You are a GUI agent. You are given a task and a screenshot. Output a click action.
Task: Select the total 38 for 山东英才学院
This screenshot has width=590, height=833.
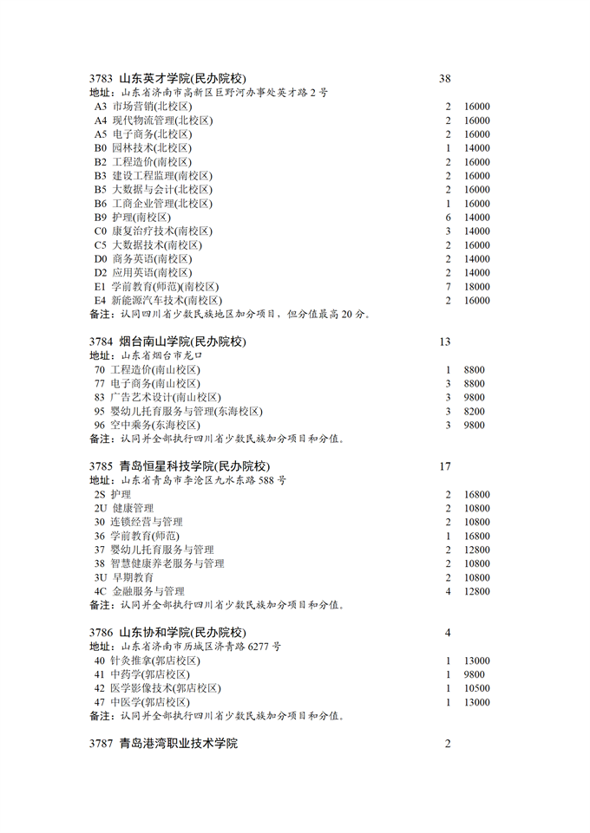pos(445,79)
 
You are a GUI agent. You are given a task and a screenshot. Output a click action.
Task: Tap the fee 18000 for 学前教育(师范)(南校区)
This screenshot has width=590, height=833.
pos(477,287)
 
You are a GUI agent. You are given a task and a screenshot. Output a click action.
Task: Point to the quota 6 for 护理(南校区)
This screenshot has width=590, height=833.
pos(449,218)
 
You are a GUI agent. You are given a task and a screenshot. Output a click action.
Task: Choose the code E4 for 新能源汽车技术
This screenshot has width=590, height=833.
pos(100,301)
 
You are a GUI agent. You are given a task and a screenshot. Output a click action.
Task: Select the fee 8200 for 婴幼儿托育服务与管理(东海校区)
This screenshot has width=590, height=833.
pos(474,412)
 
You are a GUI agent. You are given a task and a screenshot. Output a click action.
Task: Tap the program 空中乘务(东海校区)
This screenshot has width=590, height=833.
pos(154,426)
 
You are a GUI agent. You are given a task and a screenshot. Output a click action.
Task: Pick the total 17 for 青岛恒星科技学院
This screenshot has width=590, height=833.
pos(445,466)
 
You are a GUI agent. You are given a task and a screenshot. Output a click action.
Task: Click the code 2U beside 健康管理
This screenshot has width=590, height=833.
pos(101,508)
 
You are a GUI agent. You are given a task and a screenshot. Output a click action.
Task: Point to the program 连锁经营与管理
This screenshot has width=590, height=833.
pos(146,522)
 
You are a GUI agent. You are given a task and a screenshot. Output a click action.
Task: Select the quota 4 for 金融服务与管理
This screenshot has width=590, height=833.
pos(449,591)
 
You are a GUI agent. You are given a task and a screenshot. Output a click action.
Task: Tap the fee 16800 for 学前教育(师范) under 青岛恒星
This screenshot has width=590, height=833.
pos(477,536)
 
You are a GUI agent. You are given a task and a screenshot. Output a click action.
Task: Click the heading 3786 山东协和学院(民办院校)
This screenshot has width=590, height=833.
pos(167,632)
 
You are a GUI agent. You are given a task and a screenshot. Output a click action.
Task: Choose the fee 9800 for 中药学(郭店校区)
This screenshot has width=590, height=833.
pos(474,674)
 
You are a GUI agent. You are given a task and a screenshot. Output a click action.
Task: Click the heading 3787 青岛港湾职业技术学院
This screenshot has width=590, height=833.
pos(163,744)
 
